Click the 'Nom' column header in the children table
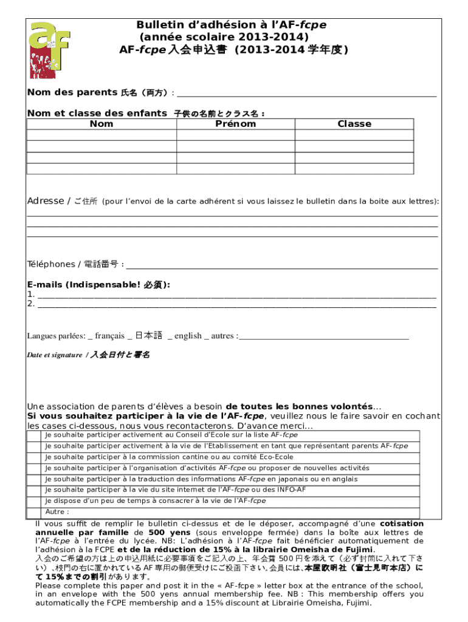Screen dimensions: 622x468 click(x=101, y=124)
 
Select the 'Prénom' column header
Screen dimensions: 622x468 click(x=235, y=124)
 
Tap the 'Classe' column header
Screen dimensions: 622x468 click(x=354, y=124)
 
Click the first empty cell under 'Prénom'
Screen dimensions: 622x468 click(x=235, y=135)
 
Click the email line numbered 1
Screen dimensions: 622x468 click(x=237, y=295)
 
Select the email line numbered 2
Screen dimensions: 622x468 click(x=237, y=305)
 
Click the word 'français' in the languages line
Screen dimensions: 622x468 click(x=109, y=336)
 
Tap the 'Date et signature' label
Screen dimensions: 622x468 click(x=54, y=355)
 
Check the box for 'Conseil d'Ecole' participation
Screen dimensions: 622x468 click(x=35, y=436)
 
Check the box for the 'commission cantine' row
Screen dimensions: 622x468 click(x=35, y=457)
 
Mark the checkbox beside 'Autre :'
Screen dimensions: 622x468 click(x=35, y=512)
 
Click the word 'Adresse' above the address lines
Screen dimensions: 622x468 click(x=45, y=201)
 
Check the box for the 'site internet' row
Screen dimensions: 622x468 click(x=35, y=490)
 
